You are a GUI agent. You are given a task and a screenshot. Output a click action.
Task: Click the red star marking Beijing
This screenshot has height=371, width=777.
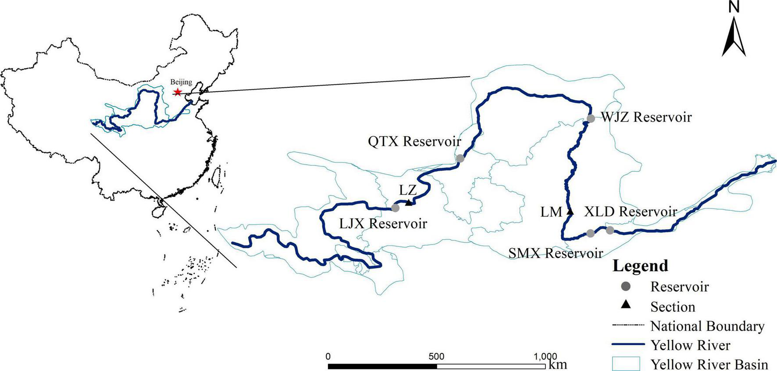tap(178, 92)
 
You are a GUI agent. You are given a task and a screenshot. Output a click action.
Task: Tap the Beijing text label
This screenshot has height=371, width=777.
tap(181, 82)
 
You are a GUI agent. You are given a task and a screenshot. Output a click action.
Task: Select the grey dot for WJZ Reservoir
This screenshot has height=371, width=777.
tap(591, 118)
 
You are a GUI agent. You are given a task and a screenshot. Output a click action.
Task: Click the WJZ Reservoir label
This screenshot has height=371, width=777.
tap(646, 117)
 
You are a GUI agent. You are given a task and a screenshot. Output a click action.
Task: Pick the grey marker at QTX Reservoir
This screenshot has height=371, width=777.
tap(460, 158)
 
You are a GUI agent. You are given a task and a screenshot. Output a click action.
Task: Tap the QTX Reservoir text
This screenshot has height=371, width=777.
tap(414, 141)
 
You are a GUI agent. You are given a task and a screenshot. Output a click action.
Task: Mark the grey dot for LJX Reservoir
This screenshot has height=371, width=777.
tap(395, 208)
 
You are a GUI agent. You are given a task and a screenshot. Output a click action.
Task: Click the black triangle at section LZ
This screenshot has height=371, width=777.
tap(409, 202)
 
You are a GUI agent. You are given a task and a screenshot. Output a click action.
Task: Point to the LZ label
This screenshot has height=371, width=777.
tap(407, 190)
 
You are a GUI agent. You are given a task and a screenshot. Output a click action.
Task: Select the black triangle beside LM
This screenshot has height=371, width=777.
tap(570, 212)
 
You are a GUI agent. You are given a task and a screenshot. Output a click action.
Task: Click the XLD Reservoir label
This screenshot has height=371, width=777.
tap(631, 212)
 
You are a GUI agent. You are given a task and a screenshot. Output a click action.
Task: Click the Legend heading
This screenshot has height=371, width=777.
tap(640, 266)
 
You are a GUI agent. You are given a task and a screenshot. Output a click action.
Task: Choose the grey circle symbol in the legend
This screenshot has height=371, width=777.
tap(626, 287)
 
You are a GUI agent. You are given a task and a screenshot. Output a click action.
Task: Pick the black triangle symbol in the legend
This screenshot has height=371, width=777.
tap(626, 305)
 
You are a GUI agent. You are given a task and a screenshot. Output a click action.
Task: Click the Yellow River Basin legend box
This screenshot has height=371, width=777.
tap(626, 364)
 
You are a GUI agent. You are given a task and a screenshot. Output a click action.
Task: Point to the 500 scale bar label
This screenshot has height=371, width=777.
tap(436, 356)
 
